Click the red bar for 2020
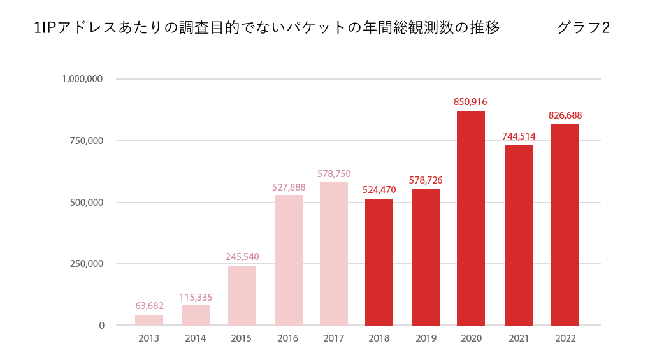[x=470, y=218]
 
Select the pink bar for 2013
[x=149, y=320]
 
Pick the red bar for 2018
[x=379, y=262]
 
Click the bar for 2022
[x=565, y=224]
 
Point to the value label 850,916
[x=470, y=101]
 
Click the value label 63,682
[x=149, y=306]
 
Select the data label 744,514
[x=519, y=136]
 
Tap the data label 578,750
[x=334, y=173]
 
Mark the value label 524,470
[x=379, y=189]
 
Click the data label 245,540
[x=242, y=257]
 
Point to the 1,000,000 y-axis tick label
[x=82, y=79]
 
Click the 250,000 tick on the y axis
[x=85, y=264]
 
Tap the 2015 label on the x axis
[x=242, y=338]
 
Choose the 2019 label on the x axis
[x=426, y=338]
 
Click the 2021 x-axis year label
[x=519, y=338]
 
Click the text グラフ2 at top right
[x=583, y=27]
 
